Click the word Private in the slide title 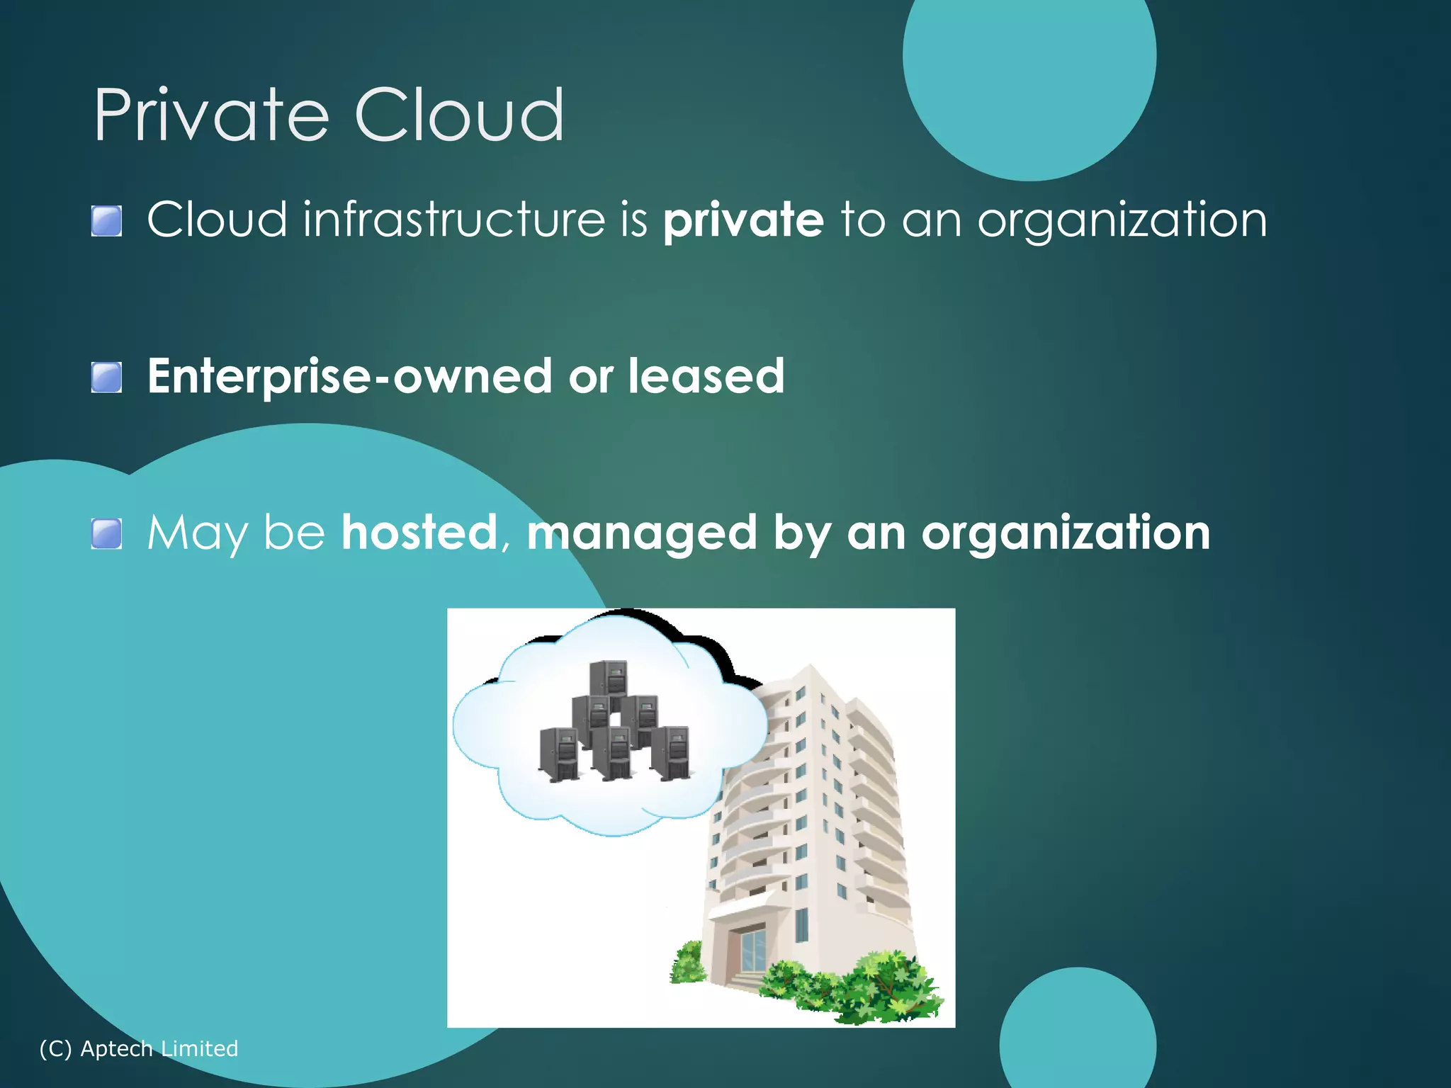[x=211, y=115]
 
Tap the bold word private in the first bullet [x=743, y=220]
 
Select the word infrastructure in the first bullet [x=454, y=220]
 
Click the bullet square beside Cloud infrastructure [x=107, y=221]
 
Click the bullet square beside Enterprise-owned [x=107, y=377]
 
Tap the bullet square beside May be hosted [x=107, y=533]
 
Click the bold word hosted [x=419, y=533]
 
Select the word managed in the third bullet [x=642, y=534]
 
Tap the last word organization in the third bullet [x=1066, y=533]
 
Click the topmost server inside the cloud [x=609, y=679]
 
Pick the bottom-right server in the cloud [x=670, y=753]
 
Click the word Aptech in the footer [x=116, y=1048]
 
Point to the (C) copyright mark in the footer [x=55, y=1048]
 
